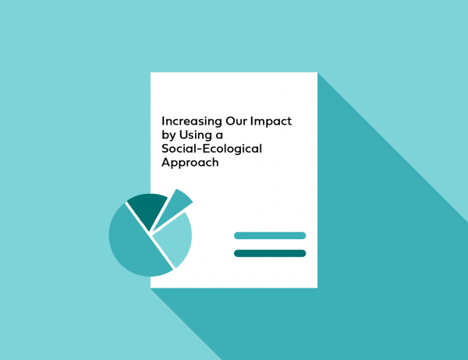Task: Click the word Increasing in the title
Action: pos(192,122)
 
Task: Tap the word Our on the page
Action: pos(236,121)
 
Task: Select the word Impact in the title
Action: pos(271,122)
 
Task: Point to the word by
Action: pos(168,136)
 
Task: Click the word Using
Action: pos(195,136)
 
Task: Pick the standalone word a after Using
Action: pos(219,136)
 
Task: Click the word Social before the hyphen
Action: pos(178,149)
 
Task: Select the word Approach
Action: pos(190,163)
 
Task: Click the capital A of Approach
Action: pos(165,162)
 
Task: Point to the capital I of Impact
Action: pos(252,121)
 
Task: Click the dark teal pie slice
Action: pos(148,209)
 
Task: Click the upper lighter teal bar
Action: pos(270,235)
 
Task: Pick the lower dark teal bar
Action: pos(270,253)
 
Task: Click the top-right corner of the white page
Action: pos(317,72)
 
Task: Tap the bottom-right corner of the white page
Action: pos(317,288)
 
